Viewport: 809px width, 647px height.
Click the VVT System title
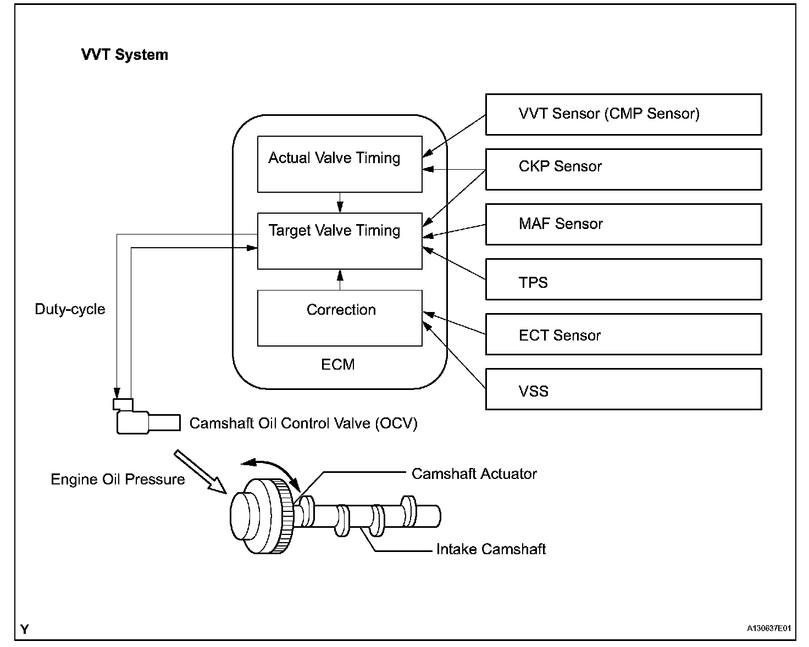124,55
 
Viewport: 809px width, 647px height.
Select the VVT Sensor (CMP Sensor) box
623,114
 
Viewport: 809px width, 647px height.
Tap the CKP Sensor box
623,170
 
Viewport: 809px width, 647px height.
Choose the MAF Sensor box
623,224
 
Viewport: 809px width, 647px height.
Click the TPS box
623,279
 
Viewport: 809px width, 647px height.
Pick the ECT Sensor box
623,334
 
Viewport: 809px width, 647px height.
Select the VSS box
623,389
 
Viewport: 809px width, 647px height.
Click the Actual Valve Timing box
340,164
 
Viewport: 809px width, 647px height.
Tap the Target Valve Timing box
340,241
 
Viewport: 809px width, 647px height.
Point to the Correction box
340,318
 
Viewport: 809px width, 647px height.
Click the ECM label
337,365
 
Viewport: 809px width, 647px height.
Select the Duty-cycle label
70,309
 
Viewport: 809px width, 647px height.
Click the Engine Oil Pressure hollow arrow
201,472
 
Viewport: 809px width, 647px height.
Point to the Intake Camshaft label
491,549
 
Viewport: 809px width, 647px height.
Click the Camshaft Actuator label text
474,474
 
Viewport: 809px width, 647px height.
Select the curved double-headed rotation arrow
277,466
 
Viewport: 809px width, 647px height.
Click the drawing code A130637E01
769,628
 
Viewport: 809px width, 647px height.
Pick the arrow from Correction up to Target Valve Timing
340,280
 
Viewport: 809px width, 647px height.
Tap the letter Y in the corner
24,629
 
